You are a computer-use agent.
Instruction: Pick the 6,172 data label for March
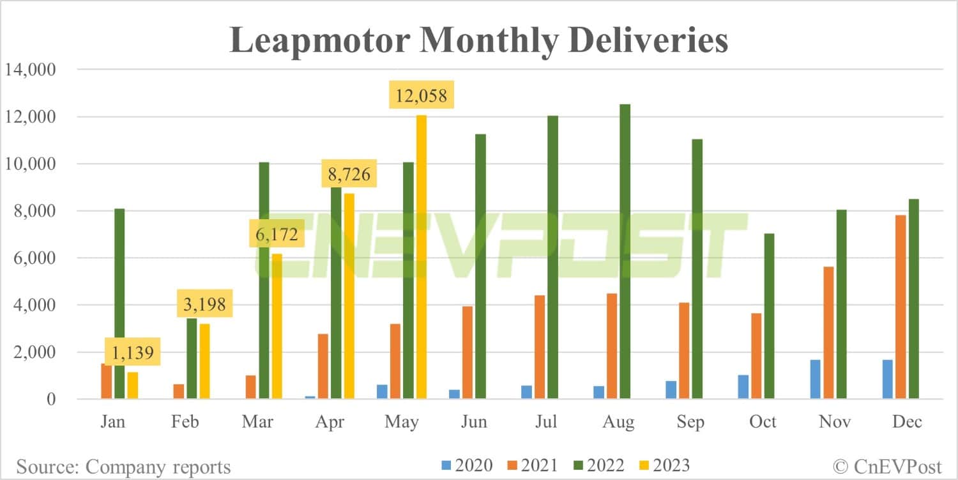pyautogui.click(x=276, y=235)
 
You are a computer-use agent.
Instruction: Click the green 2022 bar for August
pyautogui.click(x=625, y=252)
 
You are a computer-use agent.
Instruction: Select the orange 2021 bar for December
pyautogui.click(x=901, y=307)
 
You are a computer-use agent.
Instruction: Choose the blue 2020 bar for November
pyautogui.click(x=816, y=380)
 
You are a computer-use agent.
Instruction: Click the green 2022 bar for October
pyautogui.click(x=769, y=316)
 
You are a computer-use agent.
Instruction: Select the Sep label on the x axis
pyautogui.click(x=690, y=422)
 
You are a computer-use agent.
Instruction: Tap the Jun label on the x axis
pyautogui.click(x=474, y=422)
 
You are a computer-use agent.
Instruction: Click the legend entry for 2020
pyautogui.click(x=467, y=465)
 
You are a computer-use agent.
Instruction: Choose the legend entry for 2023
pyautogui.click(x=664, y=465)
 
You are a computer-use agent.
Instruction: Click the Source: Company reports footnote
pyautogui.click(x=123, y=467)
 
